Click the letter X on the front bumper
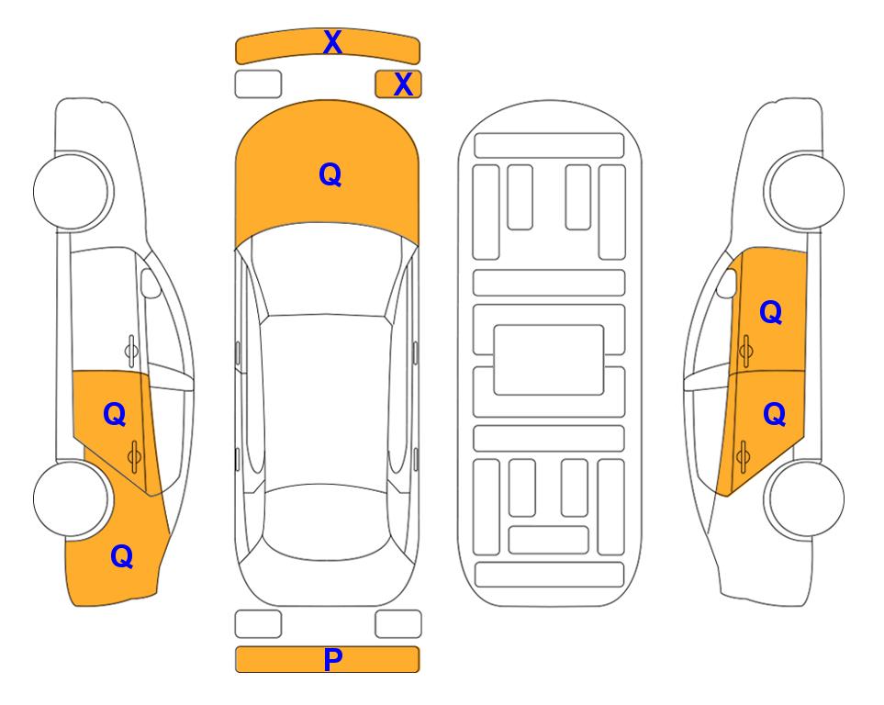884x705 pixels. pos(332,42)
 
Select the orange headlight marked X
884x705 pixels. pos(398,84)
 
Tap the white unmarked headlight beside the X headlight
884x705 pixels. pos(258,84)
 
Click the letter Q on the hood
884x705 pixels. pos(330,174)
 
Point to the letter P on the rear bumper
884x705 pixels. pos(332,659)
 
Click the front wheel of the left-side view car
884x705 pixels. pos(72,191)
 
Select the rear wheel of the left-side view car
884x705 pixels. pos(72,499)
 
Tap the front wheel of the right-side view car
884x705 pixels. pos(806,191)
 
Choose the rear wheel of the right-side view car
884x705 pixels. pos(806,499)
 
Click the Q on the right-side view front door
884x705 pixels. pos(771,312)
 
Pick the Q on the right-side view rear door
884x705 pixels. pos(774,415)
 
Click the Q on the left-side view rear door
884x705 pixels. pos(115,415)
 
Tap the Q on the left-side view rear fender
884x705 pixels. pos(122,556)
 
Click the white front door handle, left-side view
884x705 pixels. pos(132,351)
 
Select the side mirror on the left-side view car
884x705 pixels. pos(151,283)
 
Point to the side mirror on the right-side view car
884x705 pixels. pos(727,283)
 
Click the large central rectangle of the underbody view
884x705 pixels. pos(549,360)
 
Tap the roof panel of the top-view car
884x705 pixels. pos(326,401)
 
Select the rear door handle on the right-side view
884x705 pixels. pos(743,456)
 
